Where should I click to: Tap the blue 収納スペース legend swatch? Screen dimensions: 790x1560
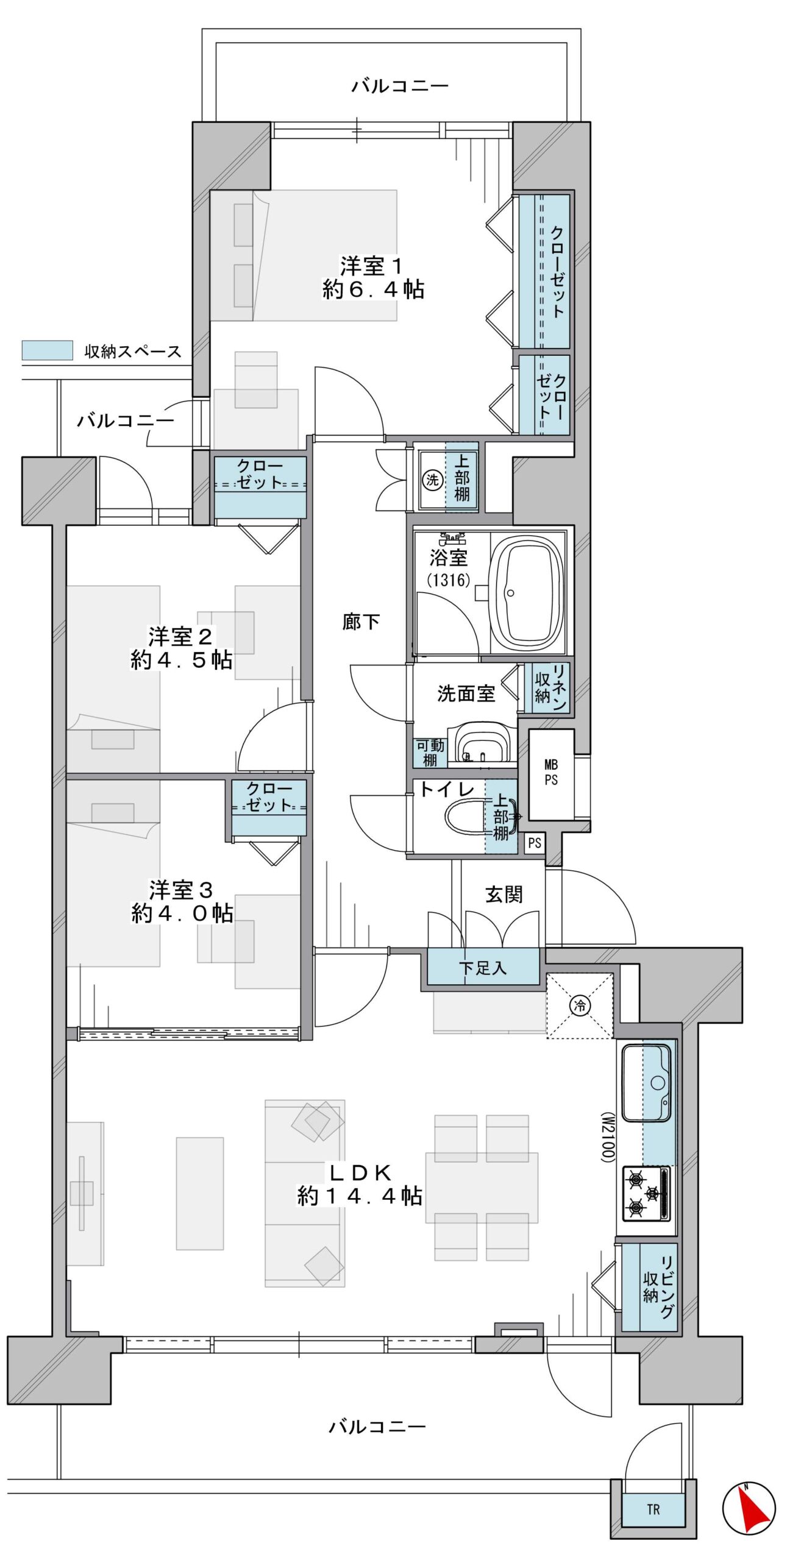click(47, 350)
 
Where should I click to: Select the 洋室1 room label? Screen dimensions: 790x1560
click(371, 266)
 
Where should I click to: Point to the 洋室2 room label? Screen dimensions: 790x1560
click(180, 637)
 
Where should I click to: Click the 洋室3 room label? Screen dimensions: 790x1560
click(181, 890)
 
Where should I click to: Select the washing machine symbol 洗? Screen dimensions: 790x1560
click(432, 480)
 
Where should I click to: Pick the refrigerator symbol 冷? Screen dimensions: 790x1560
click(580, 1005)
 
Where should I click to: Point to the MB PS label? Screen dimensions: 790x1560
click(551, 772)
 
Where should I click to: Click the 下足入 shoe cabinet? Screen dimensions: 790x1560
click(483, 967)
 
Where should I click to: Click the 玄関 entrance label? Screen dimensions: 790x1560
click(504, 895)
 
